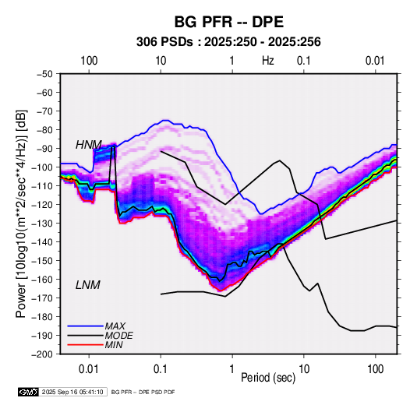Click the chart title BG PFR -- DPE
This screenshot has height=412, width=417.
tap(228, 22)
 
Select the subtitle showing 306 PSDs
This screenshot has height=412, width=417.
tap(228, 42)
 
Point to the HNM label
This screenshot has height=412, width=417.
tap(89, 145)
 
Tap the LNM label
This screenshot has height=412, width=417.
tap(88, 285)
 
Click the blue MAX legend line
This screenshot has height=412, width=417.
tap(85, 326)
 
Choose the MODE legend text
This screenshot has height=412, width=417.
tap(119, 336)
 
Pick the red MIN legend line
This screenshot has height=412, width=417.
tap(85, 345)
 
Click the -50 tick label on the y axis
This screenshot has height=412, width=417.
tap(44, 74)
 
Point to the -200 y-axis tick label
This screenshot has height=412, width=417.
tap(42, 354)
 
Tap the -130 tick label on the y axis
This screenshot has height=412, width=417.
tap(42, 224)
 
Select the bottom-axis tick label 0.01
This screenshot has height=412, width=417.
tap(89, 369)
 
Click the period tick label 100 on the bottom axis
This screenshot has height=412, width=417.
tap(375, 369)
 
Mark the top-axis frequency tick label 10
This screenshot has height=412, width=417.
tap(161, 61)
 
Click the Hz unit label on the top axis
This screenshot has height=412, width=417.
tap(268, 61)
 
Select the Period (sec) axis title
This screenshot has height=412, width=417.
tap(268, 378)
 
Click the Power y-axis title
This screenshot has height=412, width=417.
tap(21, 214)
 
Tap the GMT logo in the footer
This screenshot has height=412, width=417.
tap(29, 392)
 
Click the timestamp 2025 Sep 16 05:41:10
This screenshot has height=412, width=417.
tap(72, 392)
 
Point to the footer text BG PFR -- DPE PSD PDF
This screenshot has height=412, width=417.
tap(143, 392)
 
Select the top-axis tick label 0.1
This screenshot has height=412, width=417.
tap(304, 61)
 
